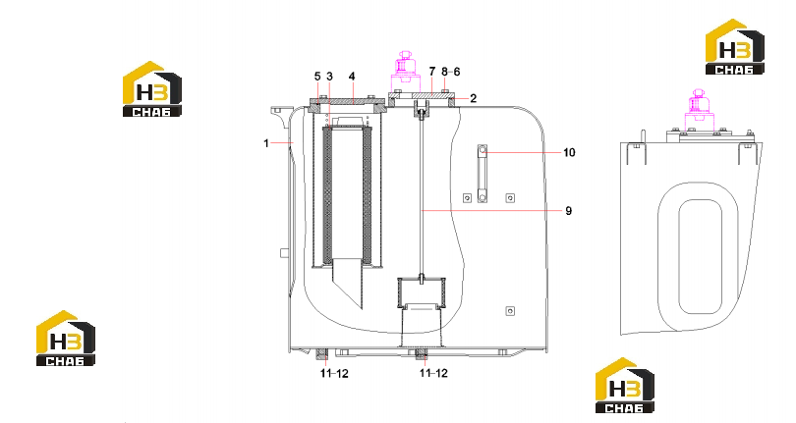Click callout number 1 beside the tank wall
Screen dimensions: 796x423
(x=266, y=143)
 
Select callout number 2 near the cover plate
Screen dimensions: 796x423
(x=473, y=98)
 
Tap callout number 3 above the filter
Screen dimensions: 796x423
(x=329, y=77)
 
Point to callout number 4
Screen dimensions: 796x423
(x=352, y=77)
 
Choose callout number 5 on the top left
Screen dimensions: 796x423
(x=317, y=77)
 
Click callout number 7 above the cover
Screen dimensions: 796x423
(x=432, y=72)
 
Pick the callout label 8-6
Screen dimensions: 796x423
(x=451, y=72)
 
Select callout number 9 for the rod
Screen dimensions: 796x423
(x=569, y=210)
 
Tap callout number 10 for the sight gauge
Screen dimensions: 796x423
(x=569, y=153)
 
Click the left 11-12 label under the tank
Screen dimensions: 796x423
(x=334, y=373)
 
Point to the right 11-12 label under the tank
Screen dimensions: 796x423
(x=433, y=373)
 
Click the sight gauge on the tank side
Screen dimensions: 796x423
(x=482, y=173)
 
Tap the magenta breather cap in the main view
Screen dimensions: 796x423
(x=406, y=72)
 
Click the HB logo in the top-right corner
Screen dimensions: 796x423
(x=734, y=47)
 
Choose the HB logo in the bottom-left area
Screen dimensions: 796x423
(x=66, y=338)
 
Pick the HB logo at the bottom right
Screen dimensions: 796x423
(x=624, y=386)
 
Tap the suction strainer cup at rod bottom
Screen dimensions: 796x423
(x=422, y=293)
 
